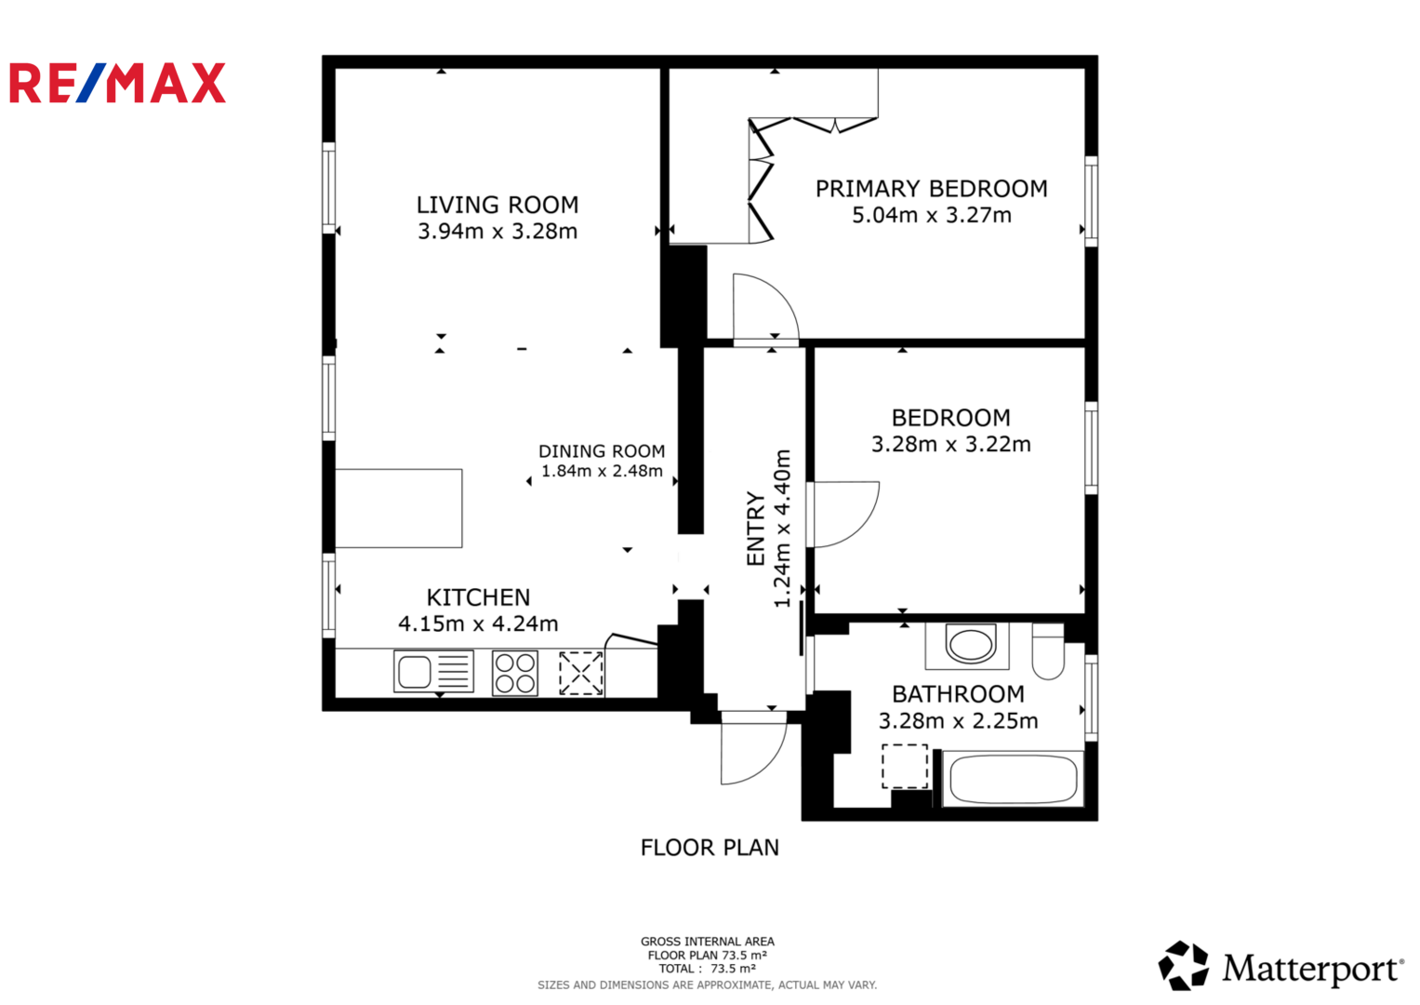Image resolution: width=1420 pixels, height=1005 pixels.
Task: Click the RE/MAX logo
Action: coord(117,83)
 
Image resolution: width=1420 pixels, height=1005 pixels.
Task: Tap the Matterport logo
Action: coord(1281,966)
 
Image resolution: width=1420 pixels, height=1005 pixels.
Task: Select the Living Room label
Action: coord(498,205)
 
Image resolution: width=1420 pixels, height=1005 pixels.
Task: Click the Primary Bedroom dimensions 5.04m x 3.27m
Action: coord(931,215)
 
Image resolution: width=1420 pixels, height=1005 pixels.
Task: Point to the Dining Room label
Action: coord(602,451)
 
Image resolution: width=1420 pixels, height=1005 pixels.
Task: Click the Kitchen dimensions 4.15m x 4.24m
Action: coord(478,623)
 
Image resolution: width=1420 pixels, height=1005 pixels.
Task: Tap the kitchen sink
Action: coord(433,671)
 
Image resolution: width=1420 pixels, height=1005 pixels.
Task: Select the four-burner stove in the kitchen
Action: coord(515,673)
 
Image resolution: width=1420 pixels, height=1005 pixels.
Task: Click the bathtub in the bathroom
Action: coord(1013,779)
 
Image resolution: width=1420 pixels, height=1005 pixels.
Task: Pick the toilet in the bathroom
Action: coord(1048,651)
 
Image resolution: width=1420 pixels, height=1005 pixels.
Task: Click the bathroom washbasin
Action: coord(969,644)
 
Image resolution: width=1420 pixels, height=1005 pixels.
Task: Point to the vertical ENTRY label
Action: coord(756,529)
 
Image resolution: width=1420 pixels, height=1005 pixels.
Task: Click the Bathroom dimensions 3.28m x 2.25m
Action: coord(958,721)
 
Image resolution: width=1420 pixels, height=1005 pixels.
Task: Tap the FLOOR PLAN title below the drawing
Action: coord(710,848)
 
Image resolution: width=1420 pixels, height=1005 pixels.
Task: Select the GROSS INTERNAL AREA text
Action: coord(708,942)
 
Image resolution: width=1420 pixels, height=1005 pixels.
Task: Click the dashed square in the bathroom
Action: coord(905,767)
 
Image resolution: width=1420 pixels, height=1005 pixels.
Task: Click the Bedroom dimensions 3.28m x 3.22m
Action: coord(951,444)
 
